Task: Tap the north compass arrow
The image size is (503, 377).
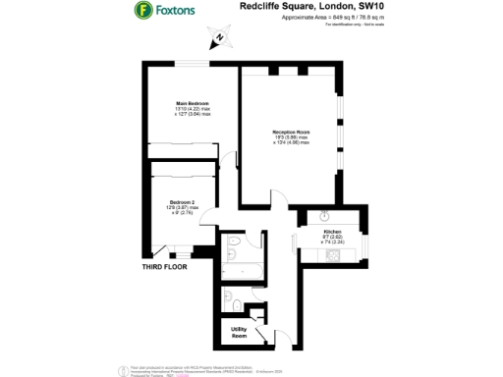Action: [219, 39]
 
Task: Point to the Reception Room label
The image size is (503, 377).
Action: [291, 132]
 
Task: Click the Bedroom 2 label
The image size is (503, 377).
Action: [184, 201]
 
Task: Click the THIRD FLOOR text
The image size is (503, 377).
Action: [163, 266]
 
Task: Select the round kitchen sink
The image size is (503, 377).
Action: [321, 218]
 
